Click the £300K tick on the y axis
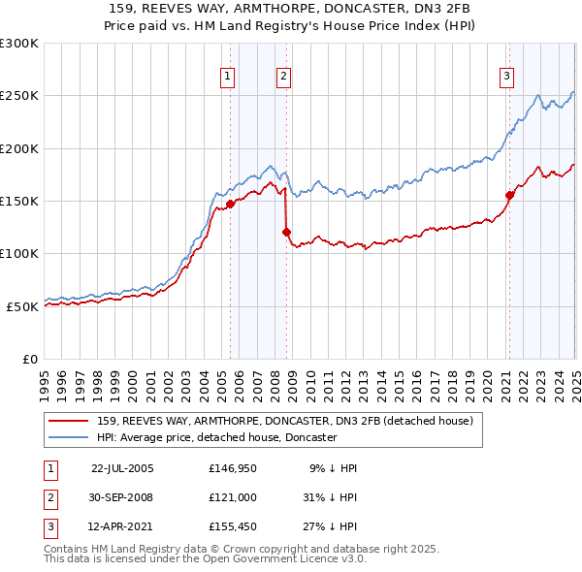[19, 44]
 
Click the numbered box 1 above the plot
[227, 78]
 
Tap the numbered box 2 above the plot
[283, 78]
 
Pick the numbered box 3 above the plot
[506, 78]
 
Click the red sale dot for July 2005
[231, 205]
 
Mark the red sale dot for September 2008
[287, 232]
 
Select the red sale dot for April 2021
[509, 195]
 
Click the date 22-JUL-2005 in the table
[122, 468]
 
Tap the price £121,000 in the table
[231, 498]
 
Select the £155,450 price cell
[231, 528]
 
